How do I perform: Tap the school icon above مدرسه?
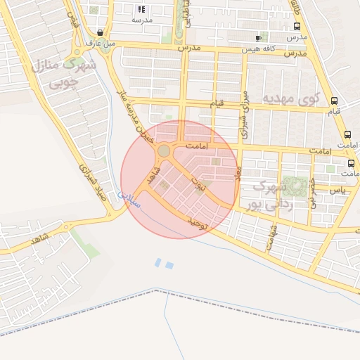(x=141, y=9)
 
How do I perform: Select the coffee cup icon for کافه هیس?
(x=259, y=38)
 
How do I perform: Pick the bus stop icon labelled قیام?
(x=334, y=100)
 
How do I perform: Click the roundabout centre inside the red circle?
(x=164, y=150)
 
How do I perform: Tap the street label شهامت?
(x=272, y=237)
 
